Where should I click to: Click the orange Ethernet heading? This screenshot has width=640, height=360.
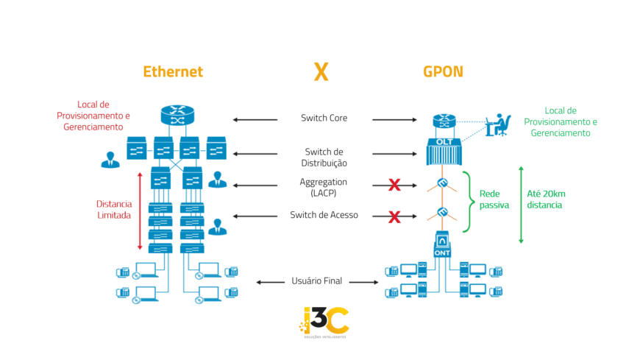[173, 71]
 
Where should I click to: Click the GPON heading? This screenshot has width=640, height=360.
[443, 71]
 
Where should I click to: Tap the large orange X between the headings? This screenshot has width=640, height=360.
[321, 71]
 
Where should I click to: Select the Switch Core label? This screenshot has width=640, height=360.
[324, 118]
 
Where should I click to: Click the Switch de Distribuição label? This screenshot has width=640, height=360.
[324, 157]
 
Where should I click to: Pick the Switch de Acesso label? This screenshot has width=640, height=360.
[324, 216]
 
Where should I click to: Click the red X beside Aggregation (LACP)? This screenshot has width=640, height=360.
[394, 185]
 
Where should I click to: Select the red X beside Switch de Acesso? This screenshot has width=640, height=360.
[394, 216]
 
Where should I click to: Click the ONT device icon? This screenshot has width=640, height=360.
[442, 245]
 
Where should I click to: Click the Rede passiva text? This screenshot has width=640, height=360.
[494, 200]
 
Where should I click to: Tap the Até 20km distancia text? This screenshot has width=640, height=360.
[546, 200]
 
